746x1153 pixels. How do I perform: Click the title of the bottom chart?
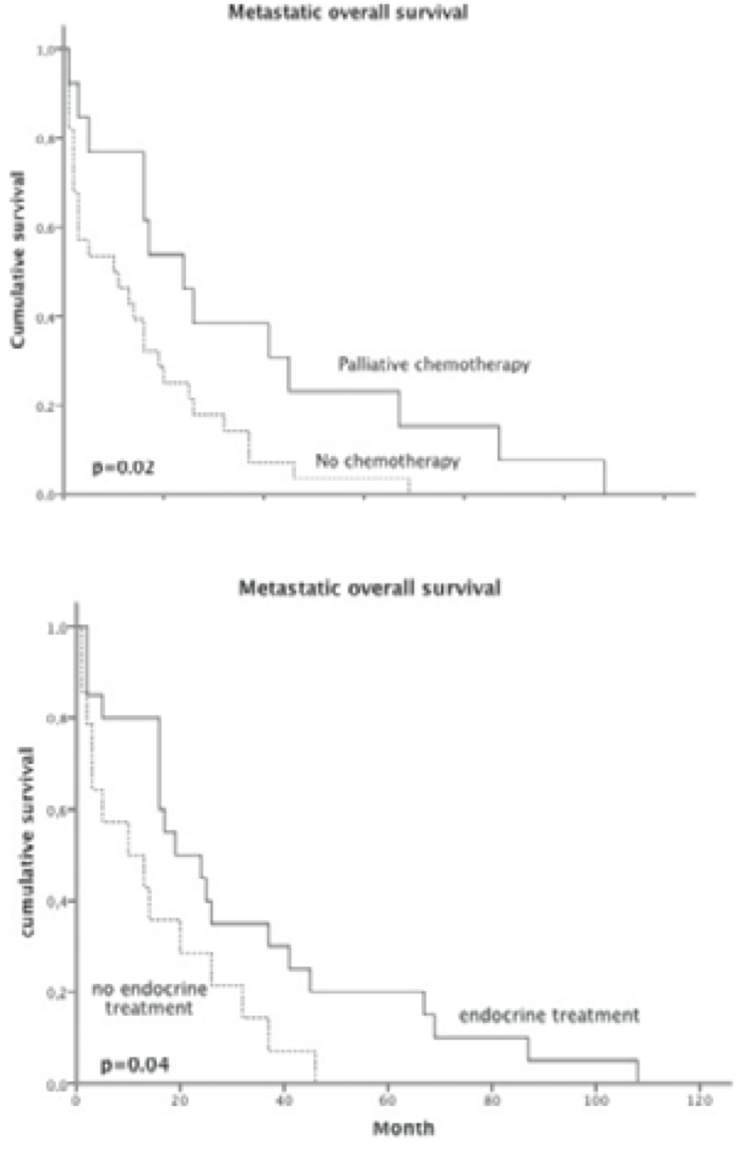tap(369, 588)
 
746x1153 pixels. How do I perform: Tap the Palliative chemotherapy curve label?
tap(434, 364)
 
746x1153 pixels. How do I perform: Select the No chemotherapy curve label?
tap(387, 462)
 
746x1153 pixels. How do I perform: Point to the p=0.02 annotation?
tap(123, 467)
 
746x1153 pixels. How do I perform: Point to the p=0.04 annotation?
tap(134, 1064)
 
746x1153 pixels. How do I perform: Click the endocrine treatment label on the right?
tap(549, 1015)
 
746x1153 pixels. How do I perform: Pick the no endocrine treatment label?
tap(148, 998)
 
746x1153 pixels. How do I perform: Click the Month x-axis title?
tap(403, 1127)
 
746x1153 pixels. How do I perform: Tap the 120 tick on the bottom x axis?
tap(701, 1100)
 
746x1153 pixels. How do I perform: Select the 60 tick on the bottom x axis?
tap(388, 1100)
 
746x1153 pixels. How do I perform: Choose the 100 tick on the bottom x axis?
tap(596, 1100)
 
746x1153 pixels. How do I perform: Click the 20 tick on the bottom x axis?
tap(180, 1100)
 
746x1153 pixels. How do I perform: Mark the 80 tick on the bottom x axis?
tap(492, 1100)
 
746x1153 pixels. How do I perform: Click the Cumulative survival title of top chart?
tap(18, 259)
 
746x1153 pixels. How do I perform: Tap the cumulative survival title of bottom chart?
tap(28, 843)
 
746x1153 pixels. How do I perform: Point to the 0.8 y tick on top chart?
tap(45, 139)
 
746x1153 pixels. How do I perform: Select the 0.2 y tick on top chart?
tap(45, 406)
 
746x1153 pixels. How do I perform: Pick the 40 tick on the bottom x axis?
tap(284, 1100)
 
